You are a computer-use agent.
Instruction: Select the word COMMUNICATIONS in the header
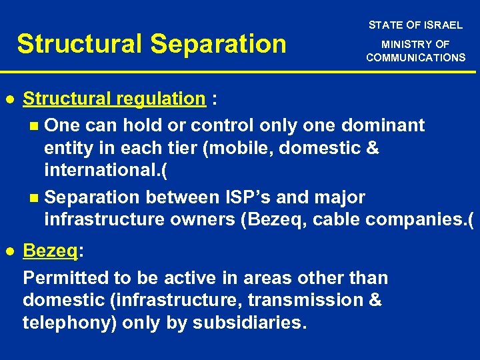[x=415, y=58]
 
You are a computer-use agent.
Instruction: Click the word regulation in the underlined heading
[x=160, y=99]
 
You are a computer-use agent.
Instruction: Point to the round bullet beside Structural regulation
[x=10, y=99]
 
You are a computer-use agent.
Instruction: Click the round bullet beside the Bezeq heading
[x=10, y=251]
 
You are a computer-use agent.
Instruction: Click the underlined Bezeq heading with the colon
[x=53, y=251]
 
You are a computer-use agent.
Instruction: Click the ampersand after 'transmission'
[x=374, y=300]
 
